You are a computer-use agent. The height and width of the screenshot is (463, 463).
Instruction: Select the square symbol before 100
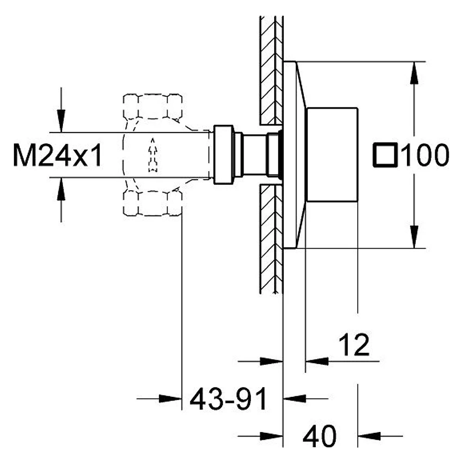pyautogui.click(x=385, y=155)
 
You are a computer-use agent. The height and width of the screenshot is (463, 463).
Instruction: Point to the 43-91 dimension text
pyautogui.click(x=229, y=399)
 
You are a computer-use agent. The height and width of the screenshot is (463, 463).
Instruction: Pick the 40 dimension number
pyautogui.click(x=319, y=436)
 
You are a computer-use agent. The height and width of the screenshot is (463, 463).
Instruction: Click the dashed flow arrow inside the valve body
pyautogui.click(x=153, y=155)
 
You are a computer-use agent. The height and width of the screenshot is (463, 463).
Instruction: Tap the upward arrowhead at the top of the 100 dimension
pyautogui.click(x=414, y=73)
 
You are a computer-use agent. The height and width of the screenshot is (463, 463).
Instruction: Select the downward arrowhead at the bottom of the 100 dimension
pyautogui.click(x=414, y=237)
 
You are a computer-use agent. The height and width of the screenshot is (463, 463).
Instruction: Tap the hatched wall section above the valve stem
pyautogui.click(x=271, y=70)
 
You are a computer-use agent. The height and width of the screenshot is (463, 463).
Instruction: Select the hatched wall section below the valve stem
pyautogui.click(x=271, y=239)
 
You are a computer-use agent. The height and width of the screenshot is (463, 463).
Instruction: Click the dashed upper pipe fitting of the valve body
pyautogui.click(x=152, y=106)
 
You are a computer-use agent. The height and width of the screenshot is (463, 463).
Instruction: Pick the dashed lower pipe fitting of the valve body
pyautogui.click(x=152, y=203)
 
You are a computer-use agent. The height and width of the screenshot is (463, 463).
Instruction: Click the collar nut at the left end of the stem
pyautogui.click(x=224, y=155)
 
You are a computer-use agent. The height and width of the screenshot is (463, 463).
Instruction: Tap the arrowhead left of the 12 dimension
pyautogui.click(x=317, y=361)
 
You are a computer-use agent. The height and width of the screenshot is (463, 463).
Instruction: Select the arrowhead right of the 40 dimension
pyautogui.click(x=369, y=436)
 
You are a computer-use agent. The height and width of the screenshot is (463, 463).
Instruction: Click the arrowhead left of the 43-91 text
pyautogui.click(x=170, y=399)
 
